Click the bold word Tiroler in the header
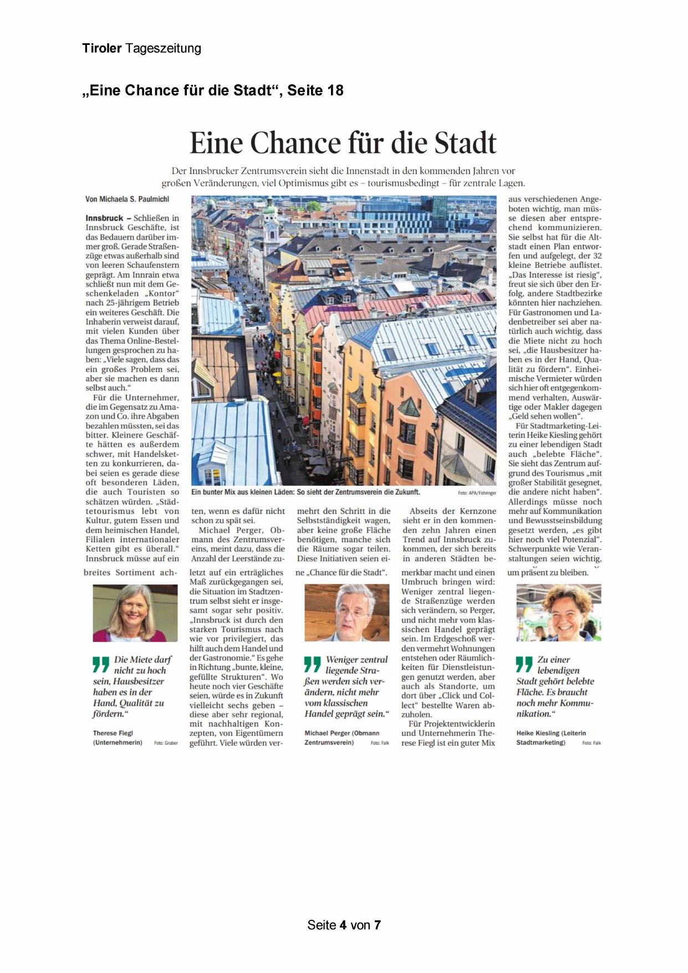101,48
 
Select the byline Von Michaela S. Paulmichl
127,199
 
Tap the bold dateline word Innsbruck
104,218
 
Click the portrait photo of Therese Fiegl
135,613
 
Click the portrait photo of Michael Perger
347,613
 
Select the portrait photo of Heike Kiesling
558,613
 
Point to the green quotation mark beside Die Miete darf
101,664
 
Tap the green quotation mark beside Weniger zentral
313,664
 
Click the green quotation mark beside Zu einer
524,664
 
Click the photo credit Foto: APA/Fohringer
477,492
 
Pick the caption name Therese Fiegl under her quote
113,733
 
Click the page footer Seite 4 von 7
344,925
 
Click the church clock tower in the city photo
272,225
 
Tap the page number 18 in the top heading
334,90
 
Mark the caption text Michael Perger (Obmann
342,733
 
